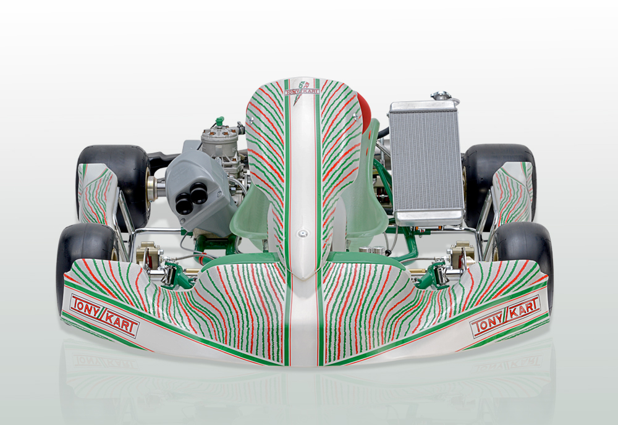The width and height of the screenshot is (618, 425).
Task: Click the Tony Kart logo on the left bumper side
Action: [x=104, y=316]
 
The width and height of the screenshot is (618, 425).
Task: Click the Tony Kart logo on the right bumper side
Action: [x=506, y=316]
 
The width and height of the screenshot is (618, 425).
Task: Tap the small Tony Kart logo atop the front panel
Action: [x=302, y=91]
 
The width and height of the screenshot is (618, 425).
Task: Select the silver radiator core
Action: [x=426, y=161]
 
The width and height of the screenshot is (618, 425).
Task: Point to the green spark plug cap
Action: [x=219, y=120]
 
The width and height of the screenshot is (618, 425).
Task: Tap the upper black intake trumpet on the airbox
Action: [x=198, y=193]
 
